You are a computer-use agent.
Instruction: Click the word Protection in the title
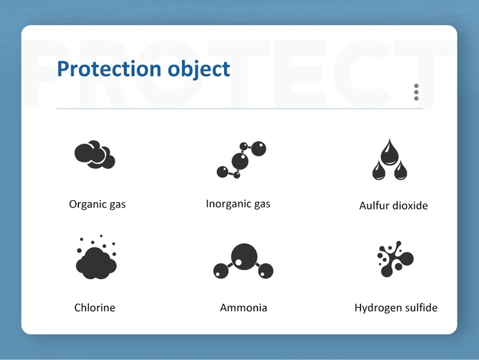click(x=109, y=68)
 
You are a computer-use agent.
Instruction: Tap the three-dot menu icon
click(x=416, y=92)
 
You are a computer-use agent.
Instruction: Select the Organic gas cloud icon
click(x=95, y=155)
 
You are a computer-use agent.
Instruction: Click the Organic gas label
click(x=97, y=204)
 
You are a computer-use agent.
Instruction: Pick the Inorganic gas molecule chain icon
click(x=241, y=160)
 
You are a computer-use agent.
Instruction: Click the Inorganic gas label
click(x=238, y=204)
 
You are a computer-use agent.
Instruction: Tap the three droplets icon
click(x=390, y=159)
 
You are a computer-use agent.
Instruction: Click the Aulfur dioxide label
click(x=393, y=205)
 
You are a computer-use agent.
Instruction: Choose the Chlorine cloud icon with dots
click(x=96, y=257)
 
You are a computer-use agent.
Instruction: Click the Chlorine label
click(x=95, y=307)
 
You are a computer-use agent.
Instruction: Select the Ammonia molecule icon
click(x=243, y=261)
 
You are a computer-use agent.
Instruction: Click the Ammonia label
click(x=244, y=307)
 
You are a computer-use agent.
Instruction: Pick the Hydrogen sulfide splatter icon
click(x=395, y=259)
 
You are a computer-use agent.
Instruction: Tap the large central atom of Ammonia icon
click(x=244, y=257)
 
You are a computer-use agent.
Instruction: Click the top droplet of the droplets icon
click(x=390, y=152)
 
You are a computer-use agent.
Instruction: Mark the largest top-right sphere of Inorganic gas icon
click(x=259, y=149)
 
